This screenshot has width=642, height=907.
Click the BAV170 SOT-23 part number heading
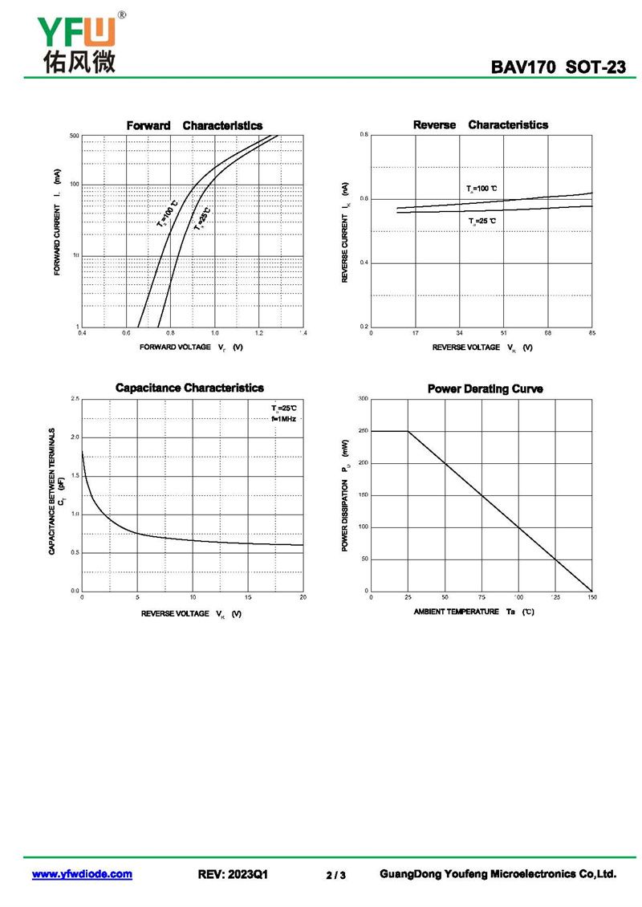559,67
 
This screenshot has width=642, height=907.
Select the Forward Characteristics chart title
194,125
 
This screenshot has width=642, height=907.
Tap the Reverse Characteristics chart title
481,124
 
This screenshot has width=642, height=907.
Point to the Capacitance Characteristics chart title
189,388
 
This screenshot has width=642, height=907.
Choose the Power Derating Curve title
485,388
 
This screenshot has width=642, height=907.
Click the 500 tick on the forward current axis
74,136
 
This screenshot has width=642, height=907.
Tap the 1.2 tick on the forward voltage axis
259,332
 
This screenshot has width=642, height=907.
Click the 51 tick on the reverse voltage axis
503,332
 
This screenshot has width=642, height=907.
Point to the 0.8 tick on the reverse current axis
364,135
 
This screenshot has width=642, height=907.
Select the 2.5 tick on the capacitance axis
75,398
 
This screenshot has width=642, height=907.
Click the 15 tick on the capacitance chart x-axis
248,596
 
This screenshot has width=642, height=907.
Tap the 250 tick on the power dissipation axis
363,431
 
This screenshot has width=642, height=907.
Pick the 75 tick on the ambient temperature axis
481,597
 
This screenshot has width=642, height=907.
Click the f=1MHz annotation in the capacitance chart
284,418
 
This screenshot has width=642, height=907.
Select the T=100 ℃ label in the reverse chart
482,189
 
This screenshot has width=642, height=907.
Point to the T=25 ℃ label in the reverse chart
482,221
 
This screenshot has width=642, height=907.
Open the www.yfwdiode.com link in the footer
82,874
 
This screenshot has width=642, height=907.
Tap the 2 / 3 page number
336,875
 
